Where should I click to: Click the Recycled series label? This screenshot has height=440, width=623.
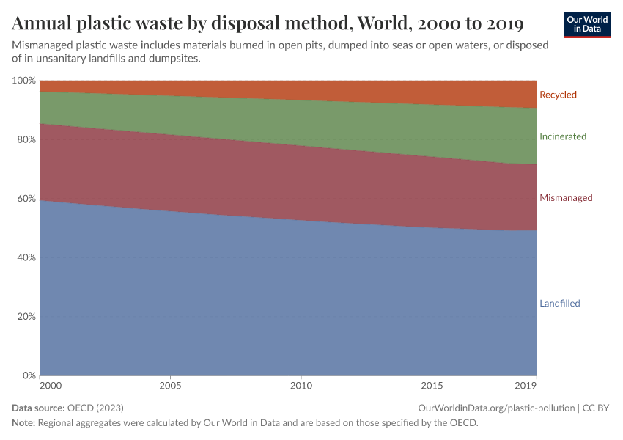(558, 95)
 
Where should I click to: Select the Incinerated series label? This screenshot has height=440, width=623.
(563, 136)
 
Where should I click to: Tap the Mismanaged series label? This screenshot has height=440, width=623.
(566, 198)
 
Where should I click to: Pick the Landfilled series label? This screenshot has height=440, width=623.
(560, 304)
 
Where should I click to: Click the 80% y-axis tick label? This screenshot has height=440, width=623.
(26, 139)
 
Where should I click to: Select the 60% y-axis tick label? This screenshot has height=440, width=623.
(26, 199)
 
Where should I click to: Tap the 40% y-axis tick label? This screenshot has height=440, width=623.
(26, 258)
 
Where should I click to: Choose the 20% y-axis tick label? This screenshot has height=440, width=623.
(26, 317)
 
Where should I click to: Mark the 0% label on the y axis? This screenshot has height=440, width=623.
(29, 376)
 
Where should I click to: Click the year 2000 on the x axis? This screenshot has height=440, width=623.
(51, 385)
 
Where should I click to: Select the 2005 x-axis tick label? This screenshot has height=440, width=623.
(170, 385)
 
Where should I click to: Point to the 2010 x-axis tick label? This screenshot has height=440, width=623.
(301, 385)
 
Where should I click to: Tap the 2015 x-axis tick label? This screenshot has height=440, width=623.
(432, 385)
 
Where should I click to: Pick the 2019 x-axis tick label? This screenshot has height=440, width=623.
(526, 385)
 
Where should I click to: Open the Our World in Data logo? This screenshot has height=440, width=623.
(586, 24)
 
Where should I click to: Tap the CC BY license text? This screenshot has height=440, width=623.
(597, 408)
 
